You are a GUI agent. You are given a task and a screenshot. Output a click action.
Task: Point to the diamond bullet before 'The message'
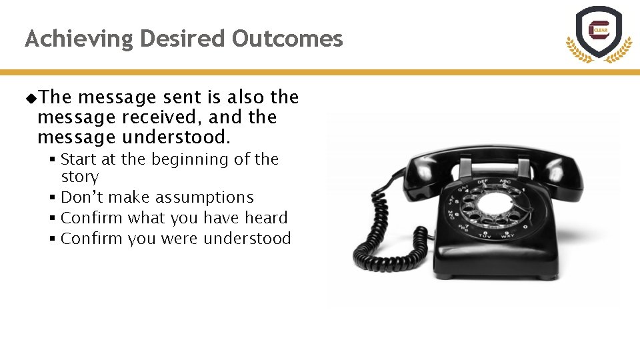click(31, 98)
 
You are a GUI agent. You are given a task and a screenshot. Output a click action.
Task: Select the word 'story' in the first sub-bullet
click(79, 177)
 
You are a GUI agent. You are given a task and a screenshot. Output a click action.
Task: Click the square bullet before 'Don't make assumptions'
click(51, 198)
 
